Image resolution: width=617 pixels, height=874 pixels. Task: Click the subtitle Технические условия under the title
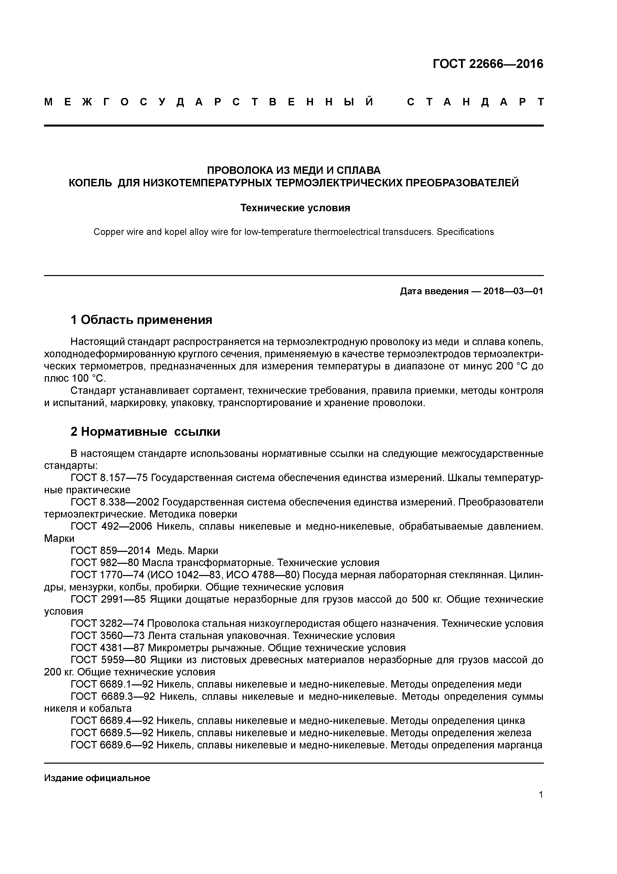[x=295, y=208]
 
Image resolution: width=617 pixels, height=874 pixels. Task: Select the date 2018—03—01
[x=513, y=291]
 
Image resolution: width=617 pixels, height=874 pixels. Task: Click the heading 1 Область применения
[x=141, y=320]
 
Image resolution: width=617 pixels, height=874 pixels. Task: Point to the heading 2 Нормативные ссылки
[x=145, y=432]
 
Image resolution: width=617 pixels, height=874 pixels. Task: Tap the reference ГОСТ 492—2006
[x=111, y=526]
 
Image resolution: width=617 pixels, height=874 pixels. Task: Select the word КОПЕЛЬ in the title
[x=90, y=183]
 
